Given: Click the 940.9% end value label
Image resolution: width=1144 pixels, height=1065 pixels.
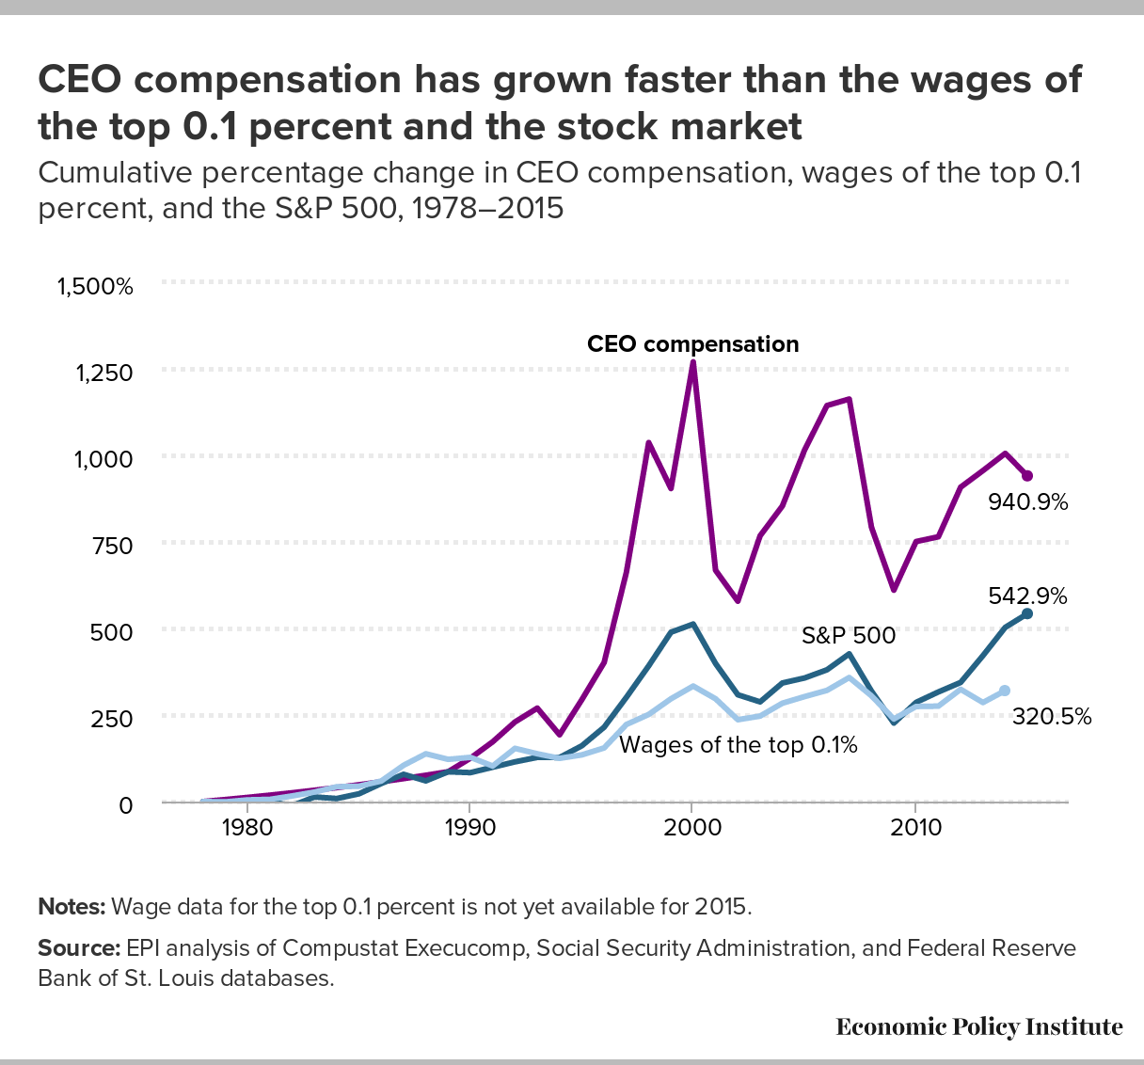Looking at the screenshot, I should (x=1027, y=502).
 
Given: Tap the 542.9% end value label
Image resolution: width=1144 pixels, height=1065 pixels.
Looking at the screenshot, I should (x=1027, y=596).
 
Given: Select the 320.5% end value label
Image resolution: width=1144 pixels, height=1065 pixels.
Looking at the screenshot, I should (x=1052, y=717).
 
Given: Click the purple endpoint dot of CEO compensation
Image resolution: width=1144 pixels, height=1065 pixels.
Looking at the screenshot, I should (x=1027, y=476).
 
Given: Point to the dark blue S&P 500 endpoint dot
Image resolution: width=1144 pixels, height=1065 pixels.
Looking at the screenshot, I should (x=1027, y=613).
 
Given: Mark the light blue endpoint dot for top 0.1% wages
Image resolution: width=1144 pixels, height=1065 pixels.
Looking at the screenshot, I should (x=1005, y=691).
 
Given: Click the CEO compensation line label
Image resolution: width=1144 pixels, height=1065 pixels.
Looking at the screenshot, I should (x=692, y=344).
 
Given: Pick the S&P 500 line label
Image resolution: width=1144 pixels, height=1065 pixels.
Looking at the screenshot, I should (x=848, y=636).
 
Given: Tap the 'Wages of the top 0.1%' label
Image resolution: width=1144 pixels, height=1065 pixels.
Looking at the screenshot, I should (x=739, y=745).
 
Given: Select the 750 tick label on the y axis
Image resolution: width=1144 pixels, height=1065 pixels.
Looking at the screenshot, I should (x=114, y=546).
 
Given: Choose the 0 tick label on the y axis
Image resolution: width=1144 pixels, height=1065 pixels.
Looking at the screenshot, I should (x=125, y=804).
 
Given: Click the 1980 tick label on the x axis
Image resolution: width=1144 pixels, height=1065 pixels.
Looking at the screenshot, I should (x=246, y=829).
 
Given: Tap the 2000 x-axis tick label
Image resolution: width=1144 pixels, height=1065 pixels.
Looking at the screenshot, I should (x=692, y=829).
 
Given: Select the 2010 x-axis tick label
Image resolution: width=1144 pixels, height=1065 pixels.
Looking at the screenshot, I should (x=915, y=829).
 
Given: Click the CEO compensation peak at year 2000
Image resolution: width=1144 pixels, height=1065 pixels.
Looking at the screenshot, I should (x=692, y=362).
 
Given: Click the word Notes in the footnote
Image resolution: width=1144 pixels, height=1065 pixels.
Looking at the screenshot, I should (x=71, y=907).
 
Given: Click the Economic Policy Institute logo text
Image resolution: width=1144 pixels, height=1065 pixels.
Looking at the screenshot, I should (x=978, y=1026).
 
